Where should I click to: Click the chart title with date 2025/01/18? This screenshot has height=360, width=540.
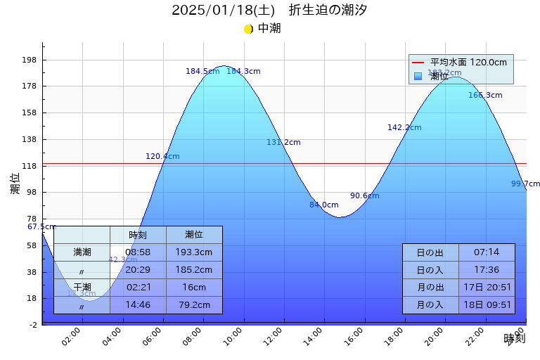pyautogui.click(x=269, y=10)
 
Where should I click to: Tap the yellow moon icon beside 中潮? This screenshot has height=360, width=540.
pyautogui.click(x=248, y=29)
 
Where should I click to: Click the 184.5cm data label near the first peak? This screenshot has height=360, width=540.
pyautogui.click(x=202, y=71)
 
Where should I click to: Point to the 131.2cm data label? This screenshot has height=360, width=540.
pyautogui.click(x=283, y=142)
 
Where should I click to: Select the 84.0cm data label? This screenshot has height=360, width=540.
pyautogui.click(x=323, y=205)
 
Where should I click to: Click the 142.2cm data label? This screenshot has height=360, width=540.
pyautogui.click(x=404, y=127)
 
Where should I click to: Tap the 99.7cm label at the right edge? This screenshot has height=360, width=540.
pyautogui.click(x=525, y=184)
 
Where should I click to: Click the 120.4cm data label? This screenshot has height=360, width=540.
pyautogui.click(x=162, y=156)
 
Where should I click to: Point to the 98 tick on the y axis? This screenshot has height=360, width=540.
pyautogui.click(x=31, y=192)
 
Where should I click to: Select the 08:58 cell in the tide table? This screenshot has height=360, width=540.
pyautogui.click(x=138, y=252)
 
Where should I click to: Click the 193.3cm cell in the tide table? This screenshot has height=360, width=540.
pyautogui.click(x=194, y=252)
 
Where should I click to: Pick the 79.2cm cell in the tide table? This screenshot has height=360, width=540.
pyautogui.click(x=194, y=304)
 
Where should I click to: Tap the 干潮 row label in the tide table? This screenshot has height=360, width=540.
pyautogui.click(x=82, y=287)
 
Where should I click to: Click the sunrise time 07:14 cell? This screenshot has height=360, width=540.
pyautogui.click(x=487, y=252)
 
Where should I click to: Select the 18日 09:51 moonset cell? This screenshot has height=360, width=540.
pyautogui.click(x=487, y=304)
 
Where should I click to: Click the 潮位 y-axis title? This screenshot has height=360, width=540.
pyautogui.click(x=15, y=184)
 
